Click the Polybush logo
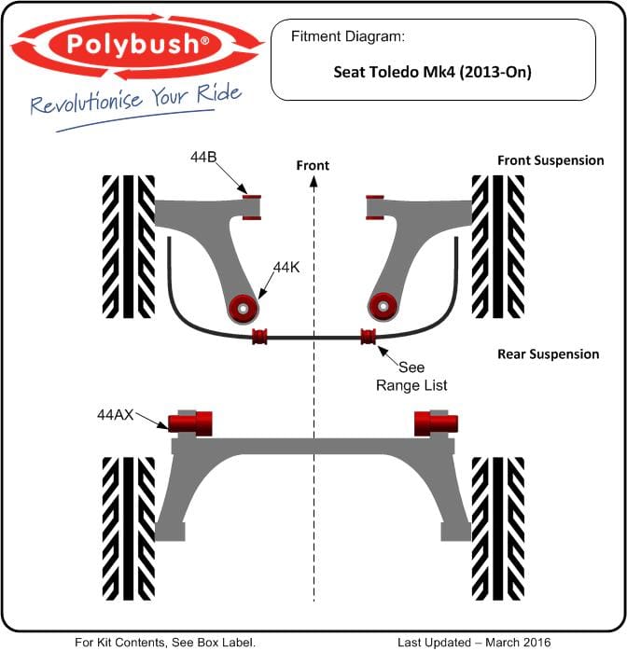136,46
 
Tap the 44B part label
203,157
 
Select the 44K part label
286,268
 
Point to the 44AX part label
116,414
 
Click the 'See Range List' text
411,376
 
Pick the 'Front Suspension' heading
550,160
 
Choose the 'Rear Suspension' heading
548,354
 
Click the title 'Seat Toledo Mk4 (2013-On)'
432,72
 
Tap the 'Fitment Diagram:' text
347,36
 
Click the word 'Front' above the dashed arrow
313,165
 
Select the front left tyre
129,246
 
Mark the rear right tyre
498,529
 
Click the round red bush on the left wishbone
244,309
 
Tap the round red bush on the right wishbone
383,307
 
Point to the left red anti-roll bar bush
260,337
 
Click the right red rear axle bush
436,423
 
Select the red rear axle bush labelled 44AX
190,423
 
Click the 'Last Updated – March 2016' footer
474,643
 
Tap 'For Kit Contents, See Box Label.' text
165,643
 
